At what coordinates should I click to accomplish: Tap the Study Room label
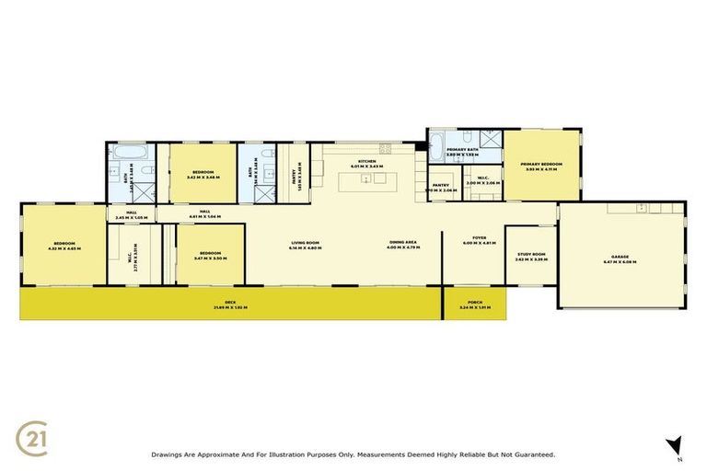click(531, 256)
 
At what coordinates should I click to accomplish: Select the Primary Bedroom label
click(543, 167)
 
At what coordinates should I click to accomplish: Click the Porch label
click(474, 304)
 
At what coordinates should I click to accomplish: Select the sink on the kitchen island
click(365, 179)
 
